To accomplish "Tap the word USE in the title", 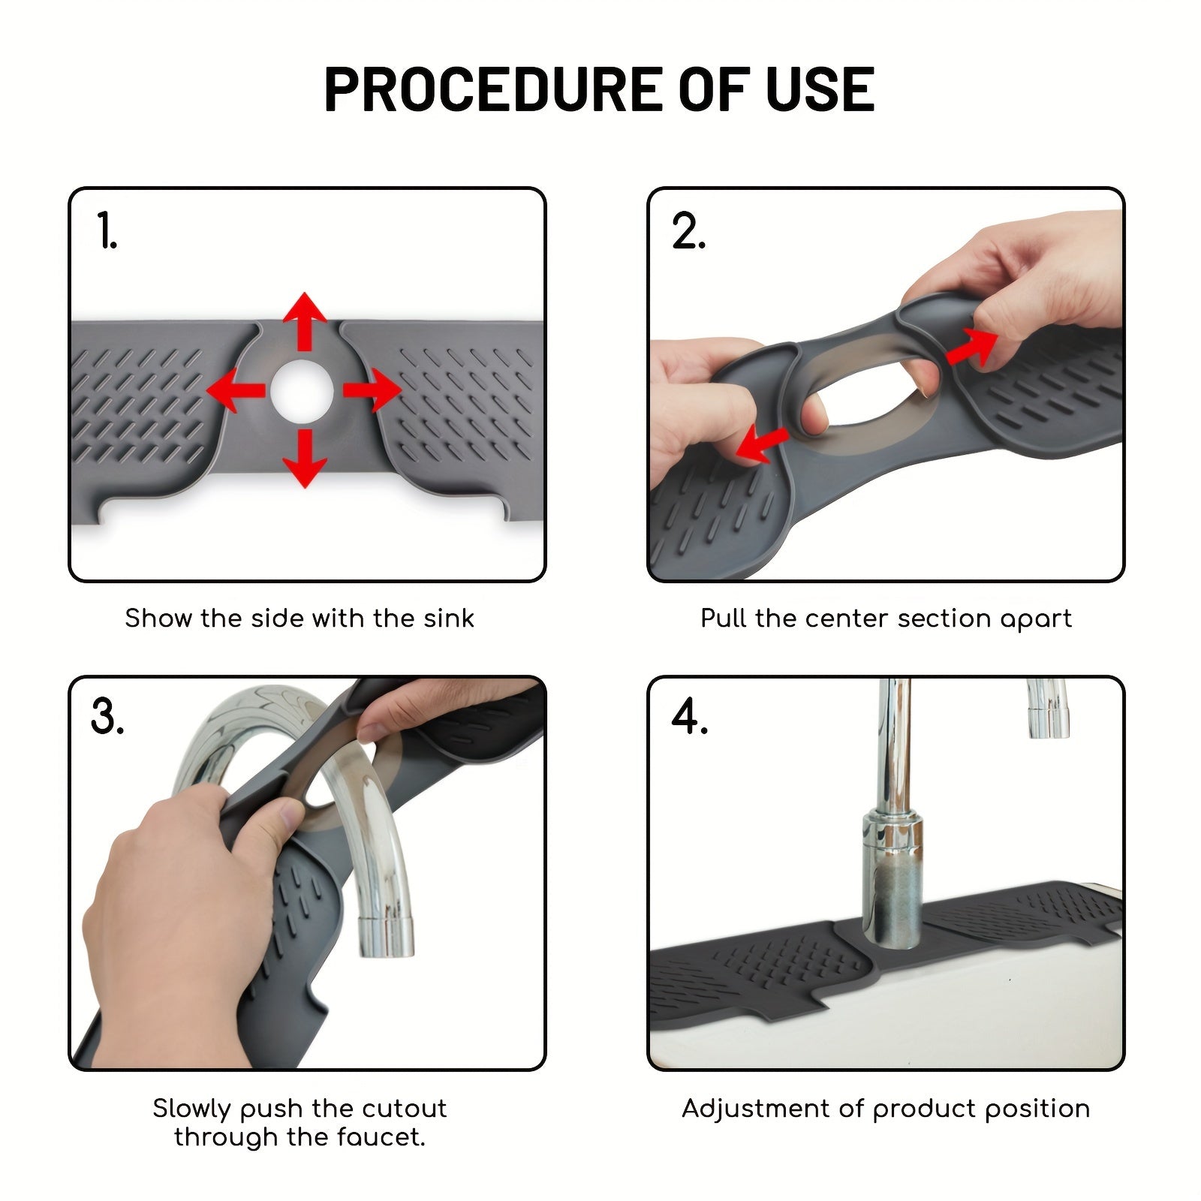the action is [820, 89].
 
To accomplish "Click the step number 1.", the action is [107, 230].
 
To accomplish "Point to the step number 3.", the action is [107, 716].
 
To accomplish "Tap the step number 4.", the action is [689, 716].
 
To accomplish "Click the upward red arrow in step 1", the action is [304, 321].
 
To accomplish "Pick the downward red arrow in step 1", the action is [304, 459].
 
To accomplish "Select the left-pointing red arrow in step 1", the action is [236, 390].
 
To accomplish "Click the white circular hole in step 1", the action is [302, 390].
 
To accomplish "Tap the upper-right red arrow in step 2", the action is [973, 347].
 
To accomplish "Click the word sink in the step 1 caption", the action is [449, 619].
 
